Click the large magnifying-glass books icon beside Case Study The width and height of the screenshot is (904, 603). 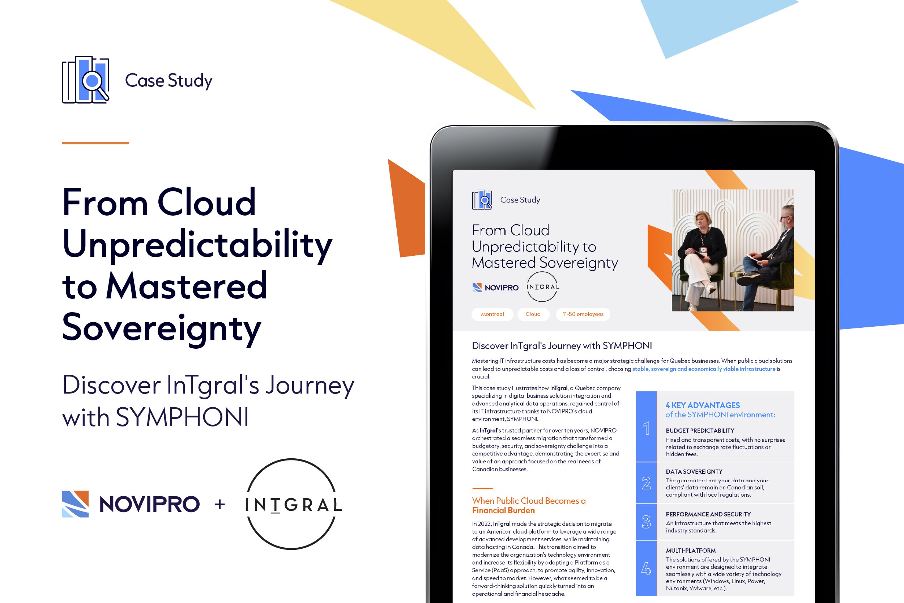point(85,80)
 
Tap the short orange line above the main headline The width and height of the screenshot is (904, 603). point(95,143)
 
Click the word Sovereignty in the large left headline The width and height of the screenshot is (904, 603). point(161,328)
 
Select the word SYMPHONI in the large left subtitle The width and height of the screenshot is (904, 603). point(182,418)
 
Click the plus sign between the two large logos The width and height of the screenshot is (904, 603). point(219,504)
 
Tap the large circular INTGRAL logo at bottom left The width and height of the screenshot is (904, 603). point(292,504)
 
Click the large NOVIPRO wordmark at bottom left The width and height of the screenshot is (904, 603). point(149,504)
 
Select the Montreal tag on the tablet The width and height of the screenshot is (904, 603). point(492,314)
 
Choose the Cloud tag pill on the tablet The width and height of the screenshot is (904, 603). point(533,314)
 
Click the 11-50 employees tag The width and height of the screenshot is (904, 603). point(583,314)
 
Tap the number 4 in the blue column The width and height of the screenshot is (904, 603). point(646,568)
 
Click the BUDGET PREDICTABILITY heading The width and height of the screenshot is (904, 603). point(700,431)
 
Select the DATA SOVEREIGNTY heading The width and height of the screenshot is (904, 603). point(694,472)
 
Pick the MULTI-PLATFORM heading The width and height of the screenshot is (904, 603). point(691,551)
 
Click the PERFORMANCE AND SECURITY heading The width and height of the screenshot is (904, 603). point(708,514)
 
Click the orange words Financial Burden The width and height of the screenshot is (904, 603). point(503,511)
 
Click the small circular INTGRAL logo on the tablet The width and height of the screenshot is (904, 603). point(542,287)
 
